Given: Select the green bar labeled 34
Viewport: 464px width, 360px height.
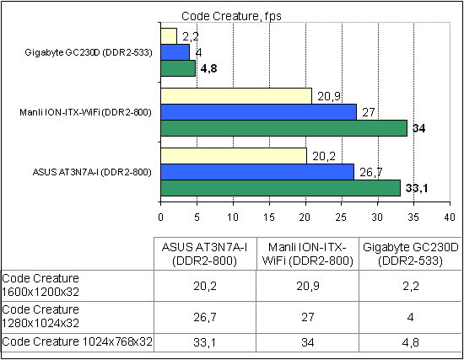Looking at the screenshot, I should (283, 128).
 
